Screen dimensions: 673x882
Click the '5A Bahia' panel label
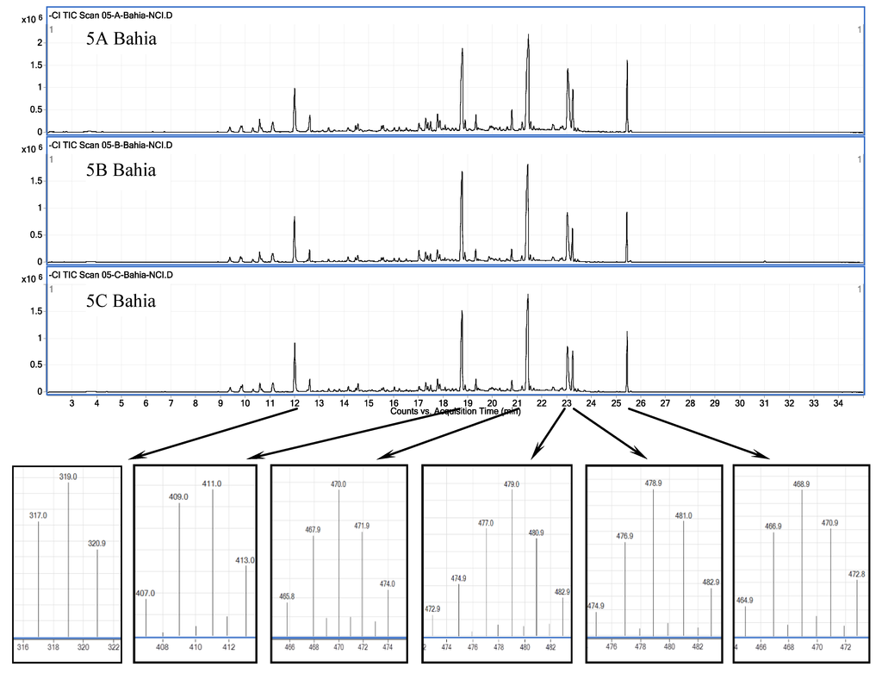tap(121, 39)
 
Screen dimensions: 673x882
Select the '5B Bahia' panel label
tap(121, 170)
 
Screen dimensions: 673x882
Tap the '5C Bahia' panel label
tap(121, 302)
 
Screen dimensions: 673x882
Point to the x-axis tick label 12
tap(295, 403)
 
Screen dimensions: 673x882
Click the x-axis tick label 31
tap(763, 403)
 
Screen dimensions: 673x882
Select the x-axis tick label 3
tap(71, 403)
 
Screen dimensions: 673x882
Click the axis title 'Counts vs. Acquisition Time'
tap(455, 411)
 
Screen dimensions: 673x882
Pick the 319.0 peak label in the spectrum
tap(68, 476)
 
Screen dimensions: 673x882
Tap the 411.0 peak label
tap(212, 484)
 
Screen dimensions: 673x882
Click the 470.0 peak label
tap(339, 484)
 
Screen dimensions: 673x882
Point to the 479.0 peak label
tap(512, 485)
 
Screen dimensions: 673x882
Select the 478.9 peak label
tap(654, 483)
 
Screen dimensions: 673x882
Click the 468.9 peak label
tap(802, 483)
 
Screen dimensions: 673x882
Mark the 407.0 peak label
tap(146, 593)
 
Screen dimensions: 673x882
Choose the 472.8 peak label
tap(856, 574)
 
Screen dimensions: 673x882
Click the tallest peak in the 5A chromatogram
tap(528, 36)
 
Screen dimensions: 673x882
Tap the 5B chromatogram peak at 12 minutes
tap(295, 217)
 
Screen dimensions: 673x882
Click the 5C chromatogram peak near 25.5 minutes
tap(627, 333)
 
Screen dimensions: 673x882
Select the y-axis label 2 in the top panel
tap(40, 42)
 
